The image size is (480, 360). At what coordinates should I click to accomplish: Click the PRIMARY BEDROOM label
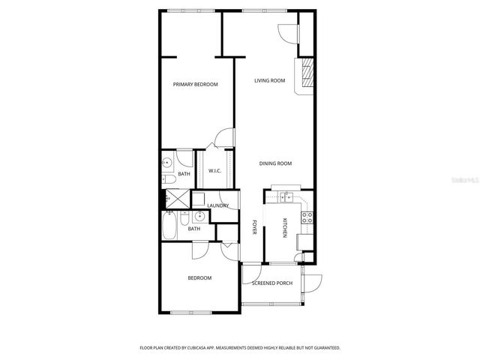coord(195,85)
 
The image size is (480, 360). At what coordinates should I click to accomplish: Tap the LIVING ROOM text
coord(269,80)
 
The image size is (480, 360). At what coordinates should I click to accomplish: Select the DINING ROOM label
coord(275,163)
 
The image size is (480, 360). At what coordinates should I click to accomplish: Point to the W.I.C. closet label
coord(214,170)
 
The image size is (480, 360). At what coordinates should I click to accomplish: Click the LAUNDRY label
coord(217,205)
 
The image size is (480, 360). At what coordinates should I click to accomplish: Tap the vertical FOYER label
coord(255,227)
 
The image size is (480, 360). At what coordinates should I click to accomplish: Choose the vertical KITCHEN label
coord(285,227)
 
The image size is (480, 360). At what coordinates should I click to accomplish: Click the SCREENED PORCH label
coord(271,283)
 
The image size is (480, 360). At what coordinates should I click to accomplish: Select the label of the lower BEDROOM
coord(199,278)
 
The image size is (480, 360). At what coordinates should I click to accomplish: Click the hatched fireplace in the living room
coord(307,73)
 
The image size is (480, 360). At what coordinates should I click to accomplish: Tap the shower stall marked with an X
coord(178,199)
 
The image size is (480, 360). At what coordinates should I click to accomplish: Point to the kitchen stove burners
coord(307,218)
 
